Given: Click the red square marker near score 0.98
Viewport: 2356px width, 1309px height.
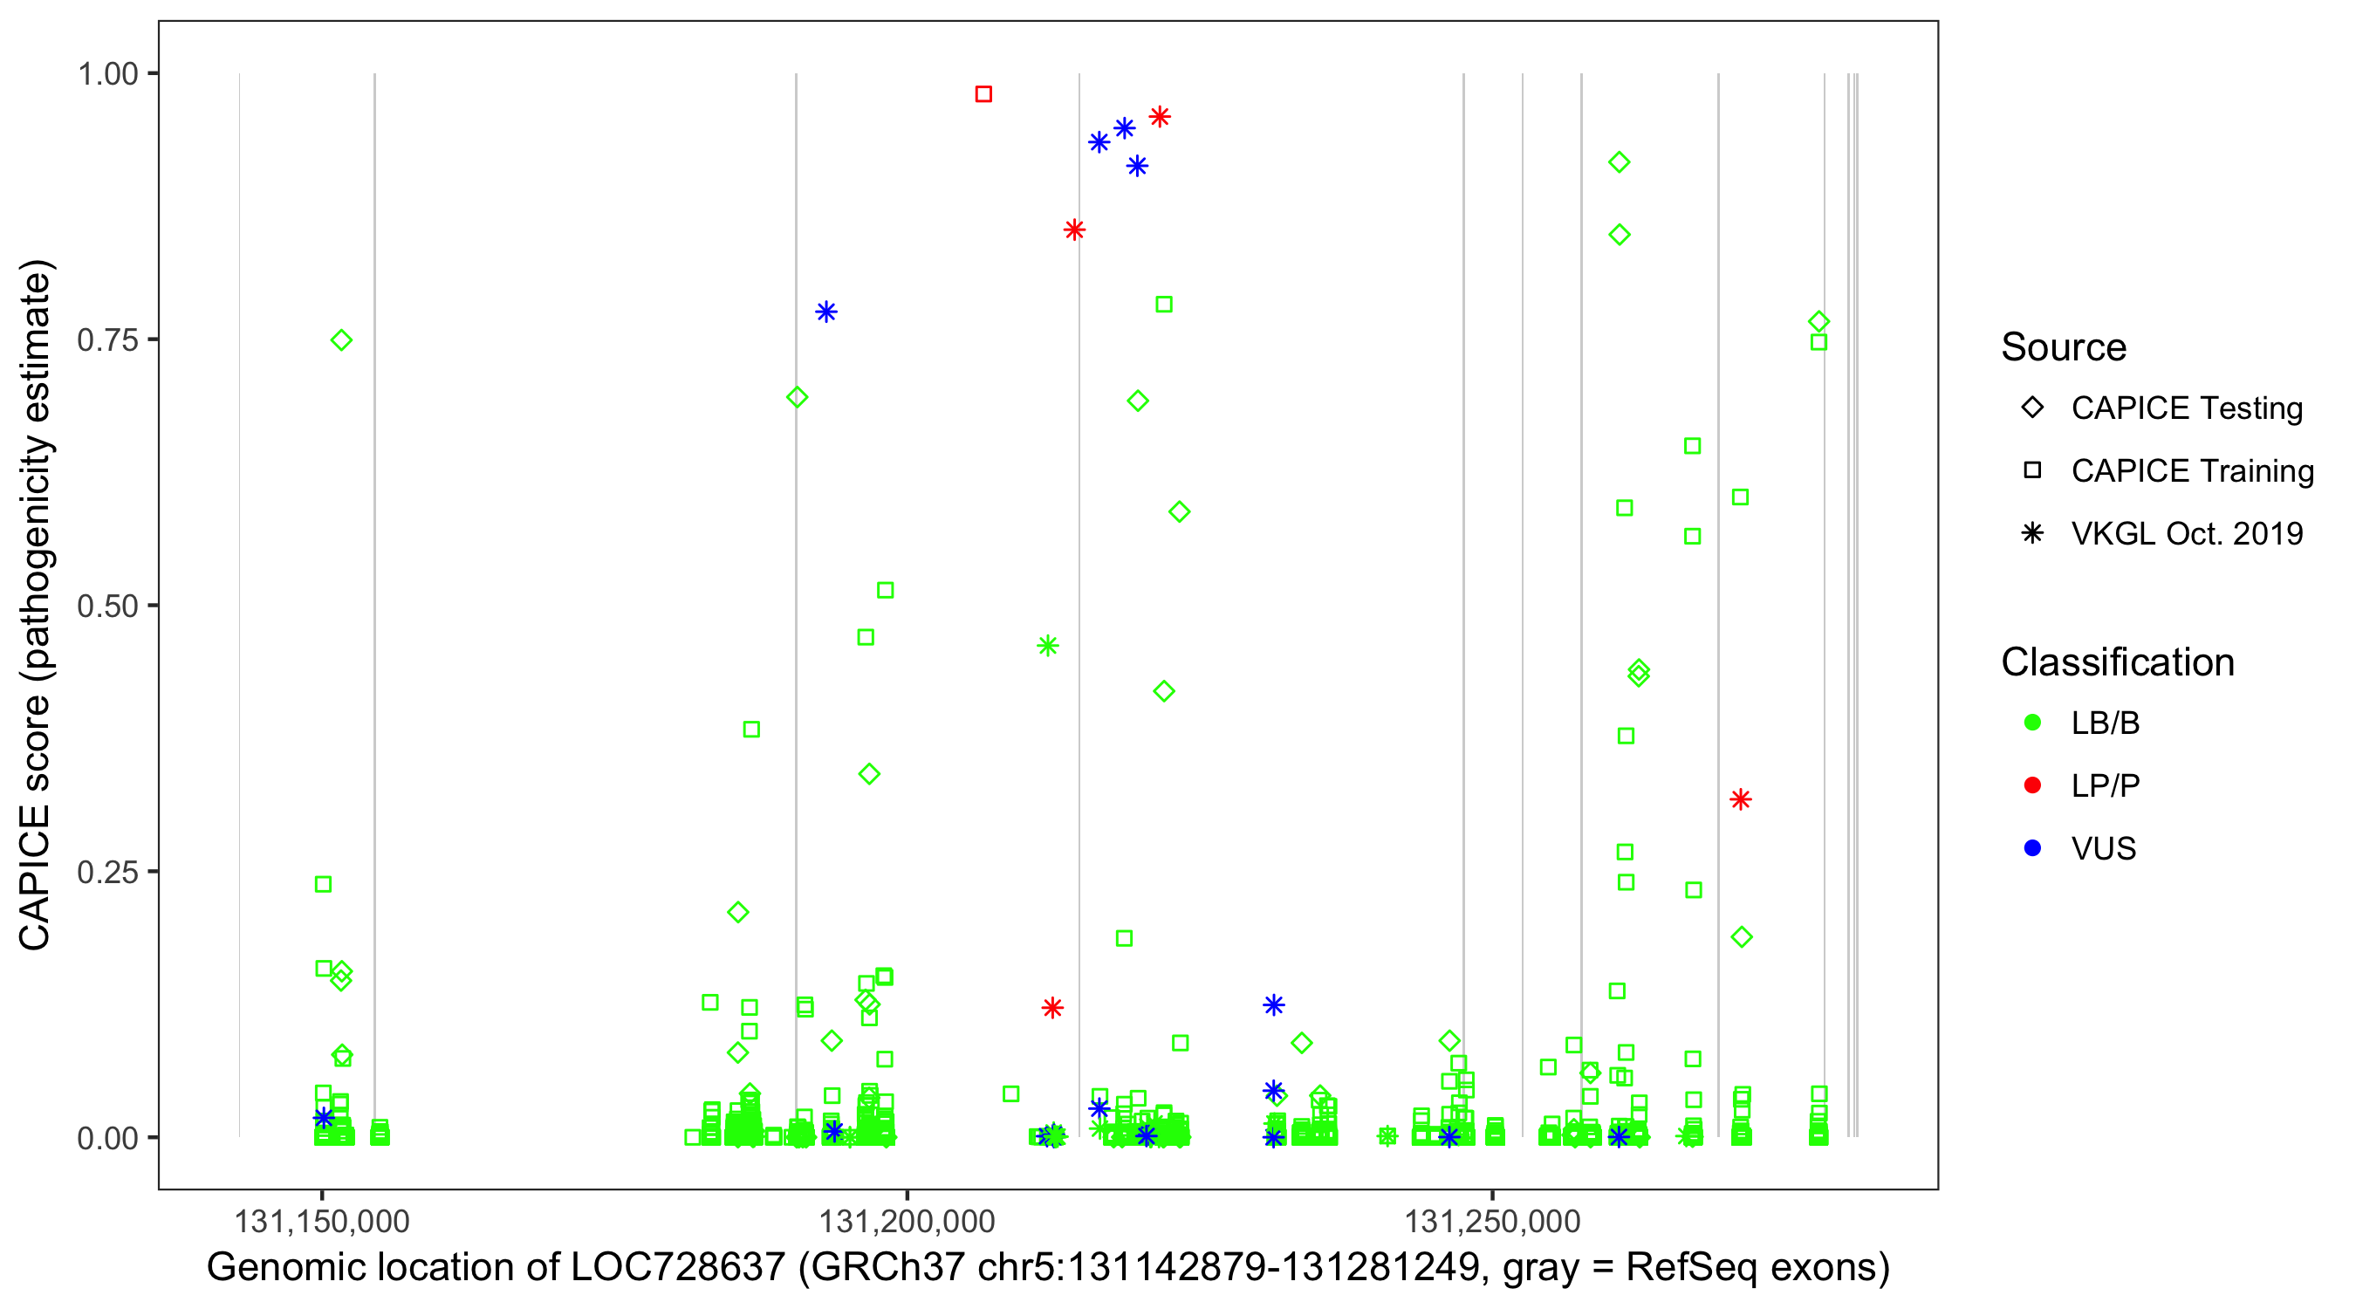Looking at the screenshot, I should tap(983, 94).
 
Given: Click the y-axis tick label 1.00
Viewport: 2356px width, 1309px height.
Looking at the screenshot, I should tap(107, 74).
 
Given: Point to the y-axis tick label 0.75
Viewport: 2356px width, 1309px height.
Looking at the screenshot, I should tap(107, 340).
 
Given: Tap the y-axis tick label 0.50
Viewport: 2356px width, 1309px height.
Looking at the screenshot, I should tap(107, 606).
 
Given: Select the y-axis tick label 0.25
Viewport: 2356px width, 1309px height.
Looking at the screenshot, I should tap(107, 872).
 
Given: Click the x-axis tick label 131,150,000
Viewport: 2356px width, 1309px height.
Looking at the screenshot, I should tap(322, 1221).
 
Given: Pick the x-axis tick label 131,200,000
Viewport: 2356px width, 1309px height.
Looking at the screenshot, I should tap(907, 1221).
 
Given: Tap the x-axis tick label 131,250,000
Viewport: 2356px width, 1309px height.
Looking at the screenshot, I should tap(1493, 1221).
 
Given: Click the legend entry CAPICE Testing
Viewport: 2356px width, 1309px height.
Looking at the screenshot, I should tap(2187, 408).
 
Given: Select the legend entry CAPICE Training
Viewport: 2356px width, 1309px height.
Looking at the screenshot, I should tap(2192, 471).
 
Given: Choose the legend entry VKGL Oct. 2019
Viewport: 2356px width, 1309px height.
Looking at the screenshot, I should tap(2187, 533).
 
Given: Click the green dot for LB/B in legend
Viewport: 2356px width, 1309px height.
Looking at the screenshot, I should tap(2033, 723).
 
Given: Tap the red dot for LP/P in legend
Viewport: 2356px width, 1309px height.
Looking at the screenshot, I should tap(2033, 785).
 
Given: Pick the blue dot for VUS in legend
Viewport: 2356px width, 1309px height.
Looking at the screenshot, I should tap(2033, 848).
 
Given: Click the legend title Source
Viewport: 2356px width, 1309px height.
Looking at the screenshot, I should tap(2064, 347).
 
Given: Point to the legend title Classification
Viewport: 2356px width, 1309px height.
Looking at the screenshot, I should tap(2117, 662).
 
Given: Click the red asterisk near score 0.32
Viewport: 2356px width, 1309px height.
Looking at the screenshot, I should tap(1741, 799).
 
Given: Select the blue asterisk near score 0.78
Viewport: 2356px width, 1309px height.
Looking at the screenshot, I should tap(825, 312).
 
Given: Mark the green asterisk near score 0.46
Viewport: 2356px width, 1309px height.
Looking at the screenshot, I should tap(1048, 646).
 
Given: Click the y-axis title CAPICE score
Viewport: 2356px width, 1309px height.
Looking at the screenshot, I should tap(37, 606).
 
